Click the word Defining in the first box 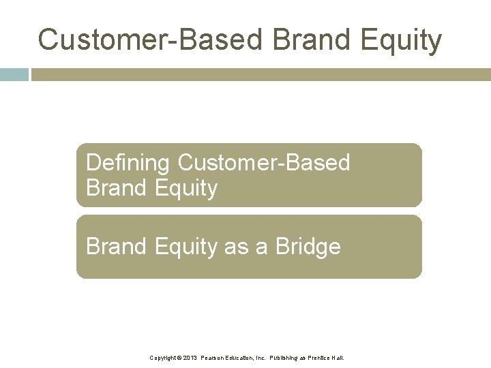(128, 163)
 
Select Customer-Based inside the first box (264, 163)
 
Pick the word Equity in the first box (186, 189)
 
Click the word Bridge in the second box (308, 247)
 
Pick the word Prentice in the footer (321, 358)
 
